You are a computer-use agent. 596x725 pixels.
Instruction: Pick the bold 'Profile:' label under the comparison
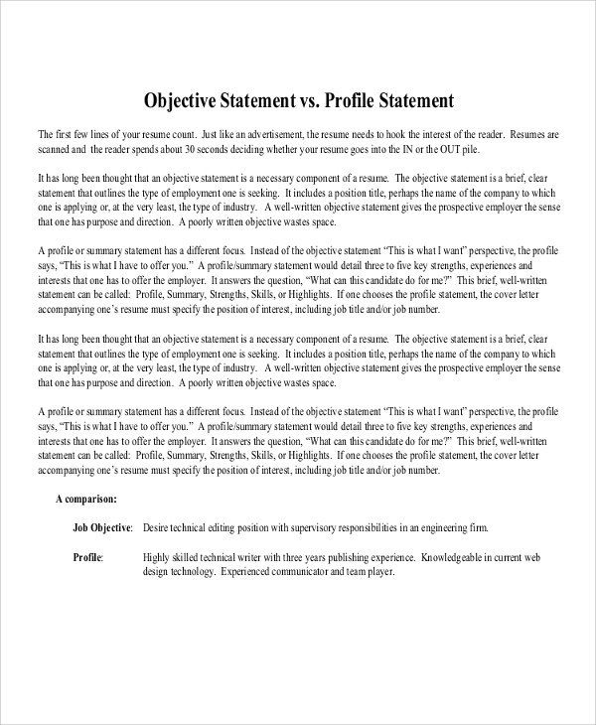point(88,557)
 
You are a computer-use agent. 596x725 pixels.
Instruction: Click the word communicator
point(306,572)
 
